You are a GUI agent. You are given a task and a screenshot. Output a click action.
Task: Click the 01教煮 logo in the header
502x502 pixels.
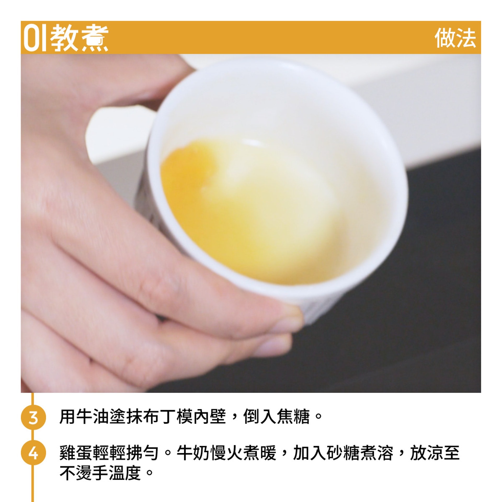coord(66,38)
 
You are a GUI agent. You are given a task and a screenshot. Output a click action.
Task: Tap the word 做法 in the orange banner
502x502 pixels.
coord(455,38)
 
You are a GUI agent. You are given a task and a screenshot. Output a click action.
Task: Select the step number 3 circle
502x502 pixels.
coord(33,418)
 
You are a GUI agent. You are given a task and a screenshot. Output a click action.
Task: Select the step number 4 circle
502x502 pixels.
coord(33,454)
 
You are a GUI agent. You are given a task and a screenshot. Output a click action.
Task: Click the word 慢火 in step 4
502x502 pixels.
coord(226,453)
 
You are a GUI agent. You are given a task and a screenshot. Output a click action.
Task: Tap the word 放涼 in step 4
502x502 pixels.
coord(427,453)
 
